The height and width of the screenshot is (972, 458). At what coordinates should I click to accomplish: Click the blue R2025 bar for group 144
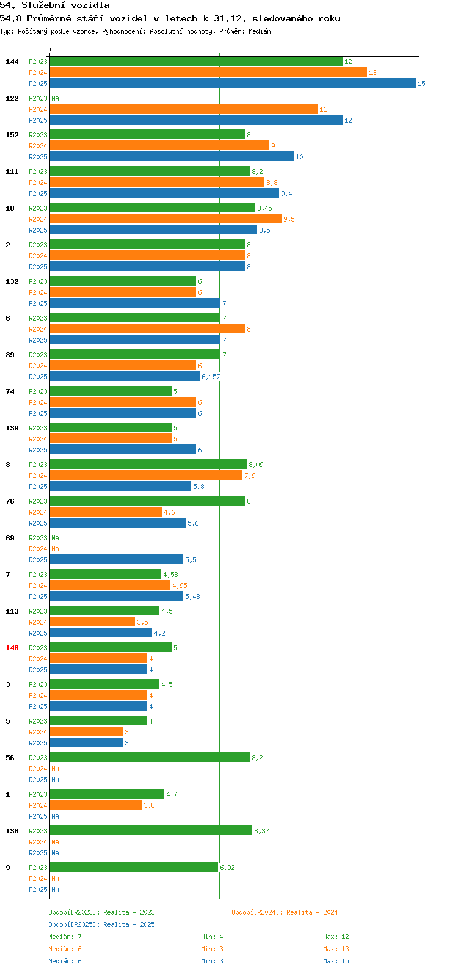pos(233,83)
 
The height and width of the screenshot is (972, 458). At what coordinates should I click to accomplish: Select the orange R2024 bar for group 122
pos(184,109)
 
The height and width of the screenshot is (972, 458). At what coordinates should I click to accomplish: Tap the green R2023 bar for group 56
pos(150,757)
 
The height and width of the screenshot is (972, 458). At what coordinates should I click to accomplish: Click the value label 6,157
pos(211,377)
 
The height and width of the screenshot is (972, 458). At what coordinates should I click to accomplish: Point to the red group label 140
pos(12,648)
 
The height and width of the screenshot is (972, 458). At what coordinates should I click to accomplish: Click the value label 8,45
pos(264,208)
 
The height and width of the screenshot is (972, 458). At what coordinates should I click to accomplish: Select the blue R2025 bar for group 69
pos(117,559)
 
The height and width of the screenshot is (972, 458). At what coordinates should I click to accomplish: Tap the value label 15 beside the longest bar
pos(421,84)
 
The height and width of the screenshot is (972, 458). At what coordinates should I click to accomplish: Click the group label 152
pos(12,135)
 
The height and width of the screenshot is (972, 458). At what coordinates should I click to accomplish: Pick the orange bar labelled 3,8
pos(95,805)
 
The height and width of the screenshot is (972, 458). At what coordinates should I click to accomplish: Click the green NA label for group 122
pos(55,98)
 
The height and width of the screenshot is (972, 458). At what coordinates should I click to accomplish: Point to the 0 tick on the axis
pos(49,49)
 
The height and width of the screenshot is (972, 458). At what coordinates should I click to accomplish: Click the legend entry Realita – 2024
pos(285,912)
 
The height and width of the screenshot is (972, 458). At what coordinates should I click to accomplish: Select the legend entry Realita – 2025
pos(101,924)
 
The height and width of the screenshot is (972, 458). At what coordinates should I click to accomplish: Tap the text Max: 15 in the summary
pos(336,961)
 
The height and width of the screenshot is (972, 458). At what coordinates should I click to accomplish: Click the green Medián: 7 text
pos(65,937)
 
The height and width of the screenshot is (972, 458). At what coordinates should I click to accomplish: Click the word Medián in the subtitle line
pos(260,31)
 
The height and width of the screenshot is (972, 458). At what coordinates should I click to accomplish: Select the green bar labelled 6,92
pos(134,867)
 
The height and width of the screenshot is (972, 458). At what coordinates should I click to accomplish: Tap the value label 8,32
pos(261,831)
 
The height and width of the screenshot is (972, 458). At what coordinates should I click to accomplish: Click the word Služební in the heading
pos(43,5)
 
